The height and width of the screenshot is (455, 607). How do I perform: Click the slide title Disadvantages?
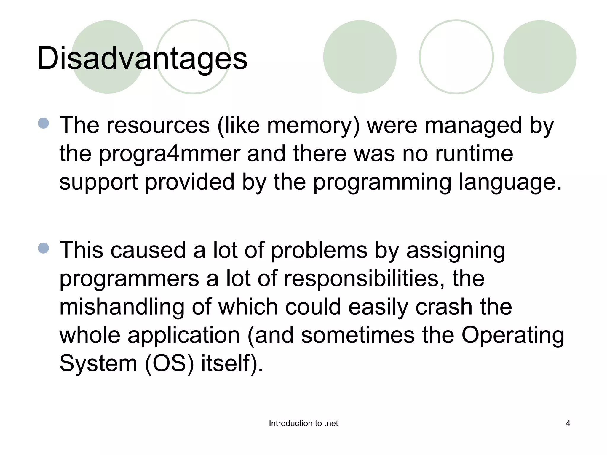coord(142,58)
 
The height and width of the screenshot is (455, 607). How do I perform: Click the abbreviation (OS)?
coord(169,363)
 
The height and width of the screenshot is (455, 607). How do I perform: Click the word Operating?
coord(513,335)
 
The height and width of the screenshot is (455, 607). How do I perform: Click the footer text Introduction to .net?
coord(303,423)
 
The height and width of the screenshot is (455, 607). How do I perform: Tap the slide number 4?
coord(568,423)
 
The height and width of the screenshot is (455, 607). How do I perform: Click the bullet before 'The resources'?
coord(44,123)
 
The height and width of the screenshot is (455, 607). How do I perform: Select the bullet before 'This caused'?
coord(44,248)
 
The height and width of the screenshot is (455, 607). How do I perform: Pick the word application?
coord(183,335)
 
